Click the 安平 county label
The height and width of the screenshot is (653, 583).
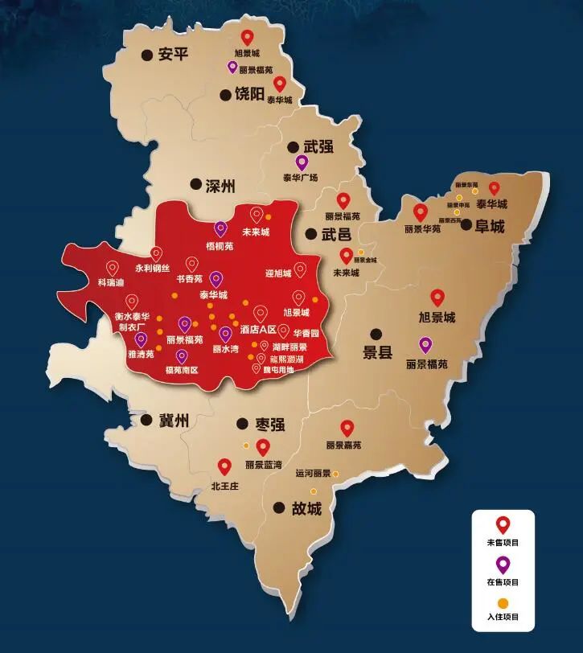[x=172, y=55]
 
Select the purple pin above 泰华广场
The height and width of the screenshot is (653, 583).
[x=302, y=162]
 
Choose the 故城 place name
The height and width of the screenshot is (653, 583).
[x=306, y=508]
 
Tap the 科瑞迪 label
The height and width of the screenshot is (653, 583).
[x=111, y=283]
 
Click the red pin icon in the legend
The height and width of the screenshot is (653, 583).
[x=503, y=525]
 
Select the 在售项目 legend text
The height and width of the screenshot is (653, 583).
[x=503, y=581]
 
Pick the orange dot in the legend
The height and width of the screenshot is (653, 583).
[x=503, y=602]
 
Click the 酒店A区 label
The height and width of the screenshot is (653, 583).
[x=258, y=330]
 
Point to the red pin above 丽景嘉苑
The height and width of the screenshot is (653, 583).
[x=347, y=428]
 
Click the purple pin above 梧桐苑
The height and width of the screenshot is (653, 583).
[x=220, y=229]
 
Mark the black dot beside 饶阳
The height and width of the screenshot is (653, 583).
[x=225, y=95]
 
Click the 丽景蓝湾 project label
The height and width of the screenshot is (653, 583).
[x=264, y=465]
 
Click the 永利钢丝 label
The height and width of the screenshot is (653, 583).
[x=152, y=269]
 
